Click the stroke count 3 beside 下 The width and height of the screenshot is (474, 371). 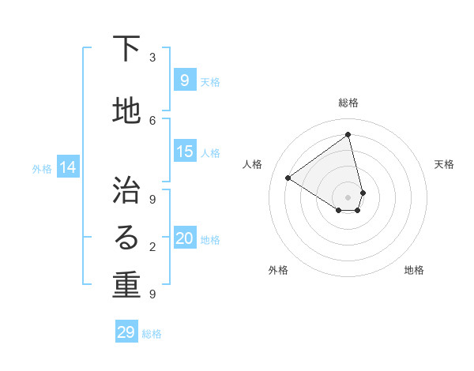pyautogui.click(x=152, y=58)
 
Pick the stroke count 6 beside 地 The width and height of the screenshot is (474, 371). pyautogui.click(x=152, y=120)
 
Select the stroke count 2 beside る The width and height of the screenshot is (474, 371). pyautogui.click(x=152, y=247)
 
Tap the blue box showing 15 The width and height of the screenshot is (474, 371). pyautogui.click(x=185, y=152)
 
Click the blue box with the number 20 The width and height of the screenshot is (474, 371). pyautogui.click(x=185, y=239)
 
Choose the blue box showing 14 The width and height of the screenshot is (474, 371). pyautogui.click(x=67, y=167)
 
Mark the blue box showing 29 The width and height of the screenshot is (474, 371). pyautogui.click(x=126, y=332)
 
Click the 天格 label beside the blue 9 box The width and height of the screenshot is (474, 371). pyautogui.click(x=210, y=81)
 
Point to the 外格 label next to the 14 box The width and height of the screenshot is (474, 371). pyautogui.click(x=42, y=168)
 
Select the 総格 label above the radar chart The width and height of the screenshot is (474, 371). pyautogui.click(x=348, y=103)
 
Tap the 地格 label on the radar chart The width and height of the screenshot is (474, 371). pyautogui.click(x=414, y=270)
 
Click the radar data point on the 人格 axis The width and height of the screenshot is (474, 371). pyautogui.click(x=288, y=178)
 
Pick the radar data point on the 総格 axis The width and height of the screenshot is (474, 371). pyautogui.click(x=348, y=134)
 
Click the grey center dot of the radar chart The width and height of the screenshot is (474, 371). pyautogui.click(x=348, y=197)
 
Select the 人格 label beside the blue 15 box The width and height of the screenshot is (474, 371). pyautogui.click(x=210, y=152)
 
